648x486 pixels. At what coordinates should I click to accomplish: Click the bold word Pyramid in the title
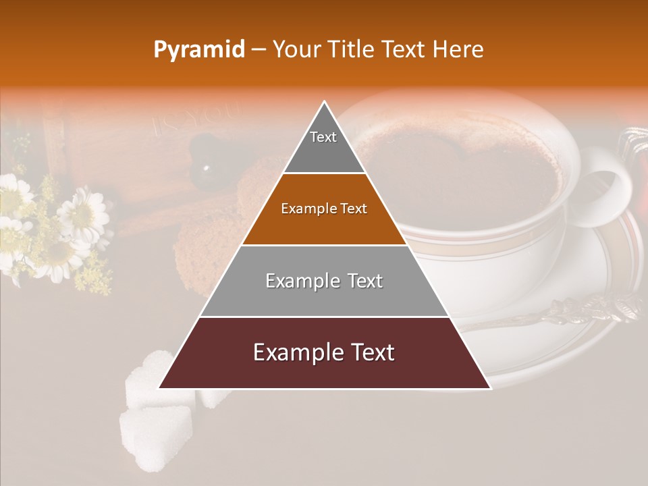[199, 50]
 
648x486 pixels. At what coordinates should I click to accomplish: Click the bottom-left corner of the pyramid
[160, 387]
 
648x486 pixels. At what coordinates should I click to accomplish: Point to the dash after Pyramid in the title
[259, 50]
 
